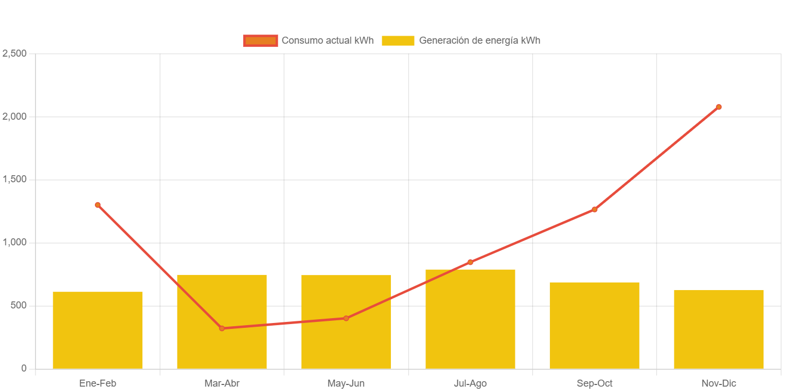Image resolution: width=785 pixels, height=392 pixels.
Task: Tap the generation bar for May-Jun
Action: click(346, 345)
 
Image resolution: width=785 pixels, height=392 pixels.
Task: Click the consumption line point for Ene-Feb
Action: click(98, 205)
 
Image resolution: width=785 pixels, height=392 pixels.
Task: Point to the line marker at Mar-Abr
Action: click(222, 328)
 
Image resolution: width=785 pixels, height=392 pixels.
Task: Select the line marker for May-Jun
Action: click(346, 318)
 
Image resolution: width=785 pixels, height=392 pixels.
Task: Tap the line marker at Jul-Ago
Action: click(470, 262)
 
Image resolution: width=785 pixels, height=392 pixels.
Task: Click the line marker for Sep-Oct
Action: click(594, 209)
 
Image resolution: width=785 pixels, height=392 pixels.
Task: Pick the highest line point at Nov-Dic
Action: click(719, 107)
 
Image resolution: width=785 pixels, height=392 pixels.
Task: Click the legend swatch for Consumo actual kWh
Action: click(260, 40)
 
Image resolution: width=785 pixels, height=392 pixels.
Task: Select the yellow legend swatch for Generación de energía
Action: click(398, 40)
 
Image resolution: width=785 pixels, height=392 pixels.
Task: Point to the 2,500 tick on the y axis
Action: click(15, 53)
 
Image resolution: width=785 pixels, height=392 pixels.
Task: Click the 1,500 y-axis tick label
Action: click(15, 180)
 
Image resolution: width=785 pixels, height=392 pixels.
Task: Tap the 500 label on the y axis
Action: click(17, 305)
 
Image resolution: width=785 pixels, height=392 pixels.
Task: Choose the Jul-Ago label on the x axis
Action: click(470, 383)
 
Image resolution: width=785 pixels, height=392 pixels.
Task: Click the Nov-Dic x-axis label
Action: click(719, 383)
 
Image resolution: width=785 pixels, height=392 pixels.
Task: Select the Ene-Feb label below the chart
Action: click(98, 383)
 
